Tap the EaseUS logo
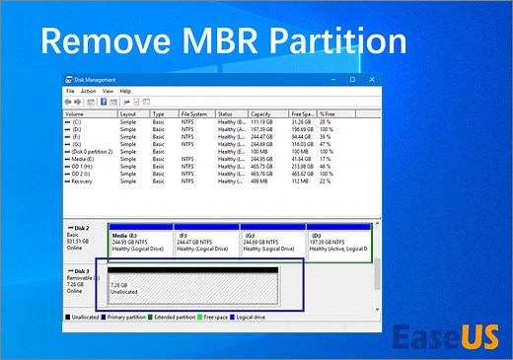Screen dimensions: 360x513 click(x=445, y=336)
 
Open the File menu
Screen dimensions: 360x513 click(x=69, y=91)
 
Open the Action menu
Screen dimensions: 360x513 click(x=88, y=91)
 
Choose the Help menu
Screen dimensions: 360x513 click(x=125, y=91)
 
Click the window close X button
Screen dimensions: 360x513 click(x=375, y=81)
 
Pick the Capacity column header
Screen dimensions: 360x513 click(x=259, y=113)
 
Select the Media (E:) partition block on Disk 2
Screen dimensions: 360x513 click(x=141, y=241)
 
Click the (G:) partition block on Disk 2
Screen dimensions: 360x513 click(x=272, y=241)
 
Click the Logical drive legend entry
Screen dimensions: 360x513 click(x=273, y=317)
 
